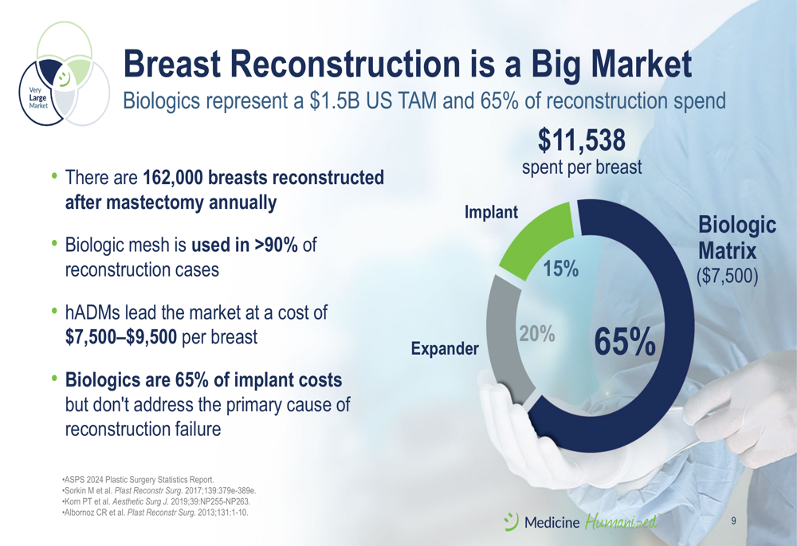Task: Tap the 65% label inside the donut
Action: [625, 342]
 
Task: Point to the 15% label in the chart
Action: [560, 268]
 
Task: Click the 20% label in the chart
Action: [536, 333]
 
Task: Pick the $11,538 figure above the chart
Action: [582, 139]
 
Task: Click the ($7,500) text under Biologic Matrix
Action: [727, 275]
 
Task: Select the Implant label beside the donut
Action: [491, 212]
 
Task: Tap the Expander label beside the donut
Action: [445, 348]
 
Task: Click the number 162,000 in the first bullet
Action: [173, 178]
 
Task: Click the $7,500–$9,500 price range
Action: [121, 336]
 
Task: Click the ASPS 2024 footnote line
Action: [138, 479]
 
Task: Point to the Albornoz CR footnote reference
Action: [155, 513]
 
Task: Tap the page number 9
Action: [733, 520]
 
